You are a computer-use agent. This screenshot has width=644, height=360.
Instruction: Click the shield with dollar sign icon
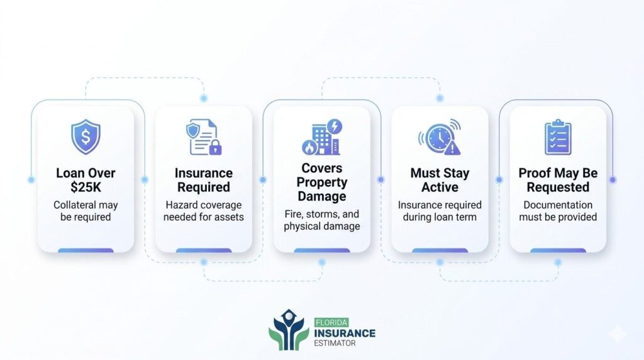coord(86,137)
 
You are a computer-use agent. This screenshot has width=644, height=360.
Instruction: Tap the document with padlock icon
coord(203,138)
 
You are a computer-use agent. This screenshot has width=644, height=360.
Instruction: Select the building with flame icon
coord(321,137)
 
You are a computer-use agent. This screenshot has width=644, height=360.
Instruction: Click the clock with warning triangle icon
coord(439,137)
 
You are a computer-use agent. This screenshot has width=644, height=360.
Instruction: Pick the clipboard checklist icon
coord(557,137)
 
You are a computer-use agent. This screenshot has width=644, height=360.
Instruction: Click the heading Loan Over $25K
coord(86,180)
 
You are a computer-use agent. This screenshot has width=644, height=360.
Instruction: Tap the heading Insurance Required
coord(203,180)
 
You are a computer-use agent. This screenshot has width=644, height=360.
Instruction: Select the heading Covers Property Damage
coord(321,183)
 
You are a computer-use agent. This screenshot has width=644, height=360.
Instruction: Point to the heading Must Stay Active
coord(440,180)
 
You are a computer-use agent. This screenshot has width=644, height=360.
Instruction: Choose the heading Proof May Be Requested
coord(558,180)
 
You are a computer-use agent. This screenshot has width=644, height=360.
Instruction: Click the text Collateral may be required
coord(86,211)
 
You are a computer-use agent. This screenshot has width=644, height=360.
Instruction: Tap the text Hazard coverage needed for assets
coord(203,211)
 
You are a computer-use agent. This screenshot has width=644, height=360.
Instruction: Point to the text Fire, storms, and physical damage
coord(321,220)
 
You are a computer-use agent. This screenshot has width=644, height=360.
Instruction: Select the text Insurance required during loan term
coord(440,211)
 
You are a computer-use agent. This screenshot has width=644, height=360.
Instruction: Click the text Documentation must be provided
coord(558,211)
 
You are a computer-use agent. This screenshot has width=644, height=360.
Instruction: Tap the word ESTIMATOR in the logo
coord(336,344)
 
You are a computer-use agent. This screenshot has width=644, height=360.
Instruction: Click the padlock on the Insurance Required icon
coord(214,148)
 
